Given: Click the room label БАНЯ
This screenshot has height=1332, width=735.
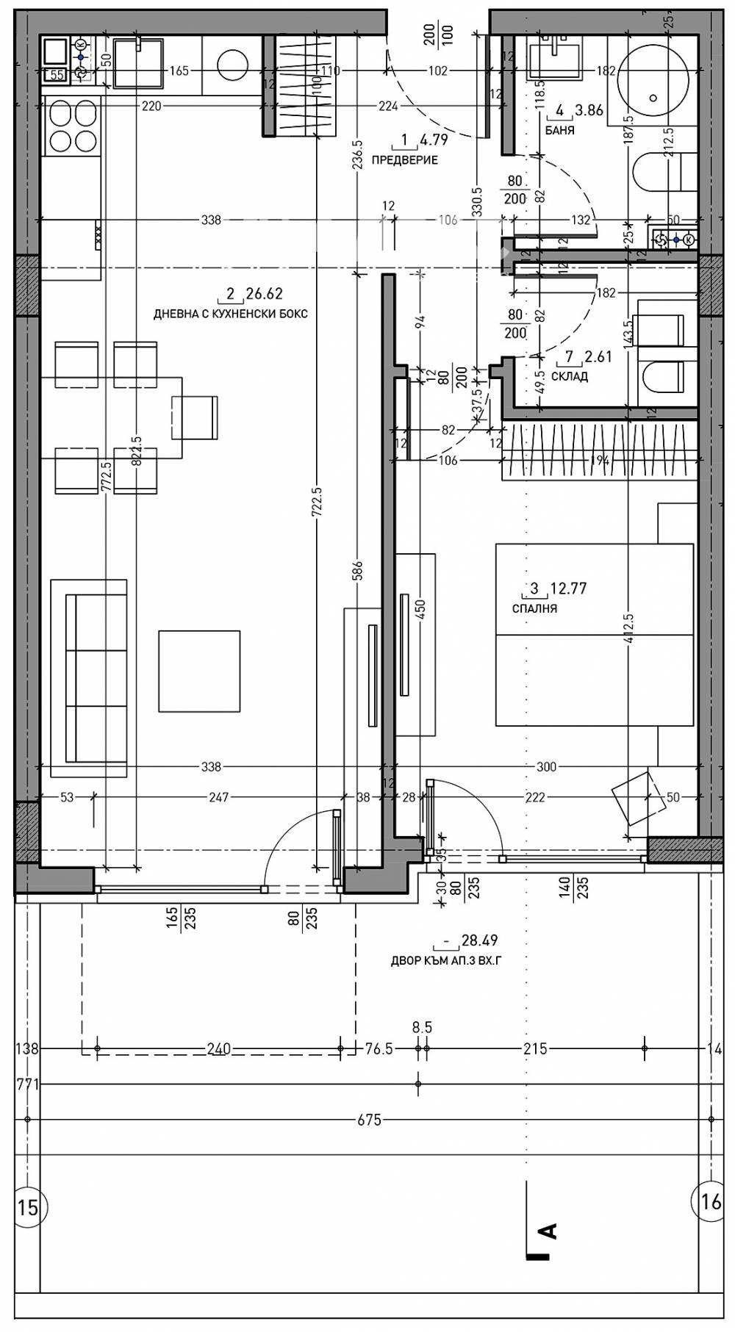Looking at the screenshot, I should [x=559, y=131].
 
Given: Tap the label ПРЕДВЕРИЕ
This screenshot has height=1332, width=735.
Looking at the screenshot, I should [x=404, y=160].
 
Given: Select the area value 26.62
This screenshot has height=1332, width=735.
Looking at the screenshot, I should [x=264, y=294].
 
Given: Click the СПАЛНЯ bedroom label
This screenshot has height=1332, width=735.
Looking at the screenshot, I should [x=534, y=608].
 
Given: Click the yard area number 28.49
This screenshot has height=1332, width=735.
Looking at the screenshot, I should [x=479, y=940].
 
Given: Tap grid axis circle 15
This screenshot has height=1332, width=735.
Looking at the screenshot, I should [x=28, y=1207].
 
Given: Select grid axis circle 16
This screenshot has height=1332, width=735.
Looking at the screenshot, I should [x=711, y=1201].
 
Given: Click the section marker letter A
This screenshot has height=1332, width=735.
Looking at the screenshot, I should [x=548, y=1231].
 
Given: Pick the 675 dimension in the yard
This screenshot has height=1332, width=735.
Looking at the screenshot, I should [x=369, y=1120].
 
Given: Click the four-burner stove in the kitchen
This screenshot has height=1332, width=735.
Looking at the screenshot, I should [x=71, y=126].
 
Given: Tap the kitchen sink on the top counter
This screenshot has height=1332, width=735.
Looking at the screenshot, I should [x=138, y=62].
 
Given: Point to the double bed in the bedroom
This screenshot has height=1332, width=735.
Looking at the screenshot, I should [x=594, y=634].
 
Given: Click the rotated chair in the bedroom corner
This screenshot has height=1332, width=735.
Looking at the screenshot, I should [x=634, y=796].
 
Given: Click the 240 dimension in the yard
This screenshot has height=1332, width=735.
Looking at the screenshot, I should [x=218, y=1049].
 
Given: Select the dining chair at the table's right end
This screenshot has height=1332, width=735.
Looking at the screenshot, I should [x=195, y=417].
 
